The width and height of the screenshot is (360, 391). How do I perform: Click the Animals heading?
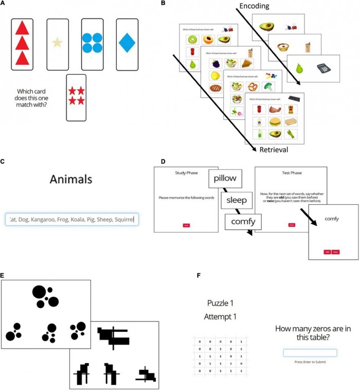71,179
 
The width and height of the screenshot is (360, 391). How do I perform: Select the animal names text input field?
71,220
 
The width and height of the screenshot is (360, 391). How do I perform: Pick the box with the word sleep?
237,200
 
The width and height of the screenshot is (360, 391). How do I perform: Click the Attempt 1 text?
220,316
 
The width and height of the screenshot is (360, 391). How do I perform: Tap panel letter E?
3,276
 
